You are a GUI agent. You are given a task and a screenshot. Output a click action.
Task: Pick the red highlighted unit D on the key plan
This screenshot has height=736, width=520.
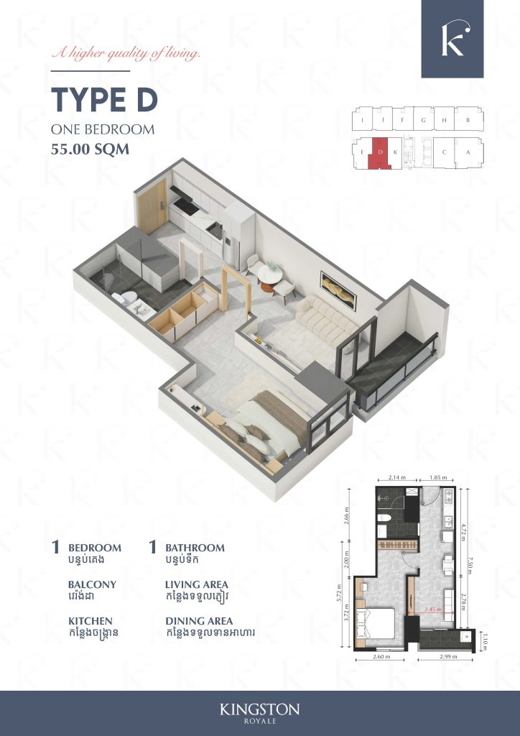379,152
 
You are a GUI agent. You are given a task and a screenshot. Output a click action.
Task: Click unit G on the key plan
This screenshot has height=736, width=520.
424,120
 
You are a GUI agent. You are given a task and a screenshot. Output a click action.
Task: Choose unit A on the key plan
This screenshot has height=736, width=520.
468,152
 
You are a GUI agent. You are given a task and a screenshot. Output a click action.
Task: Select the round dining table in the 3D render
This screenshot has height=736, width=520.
271,272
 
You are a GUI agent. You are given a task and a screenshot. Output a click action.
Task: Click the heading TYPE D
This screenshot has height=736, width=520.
103,101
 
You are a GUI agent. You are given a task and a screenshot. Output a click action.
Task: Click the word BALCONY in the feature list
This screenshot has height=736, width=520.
92,584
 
